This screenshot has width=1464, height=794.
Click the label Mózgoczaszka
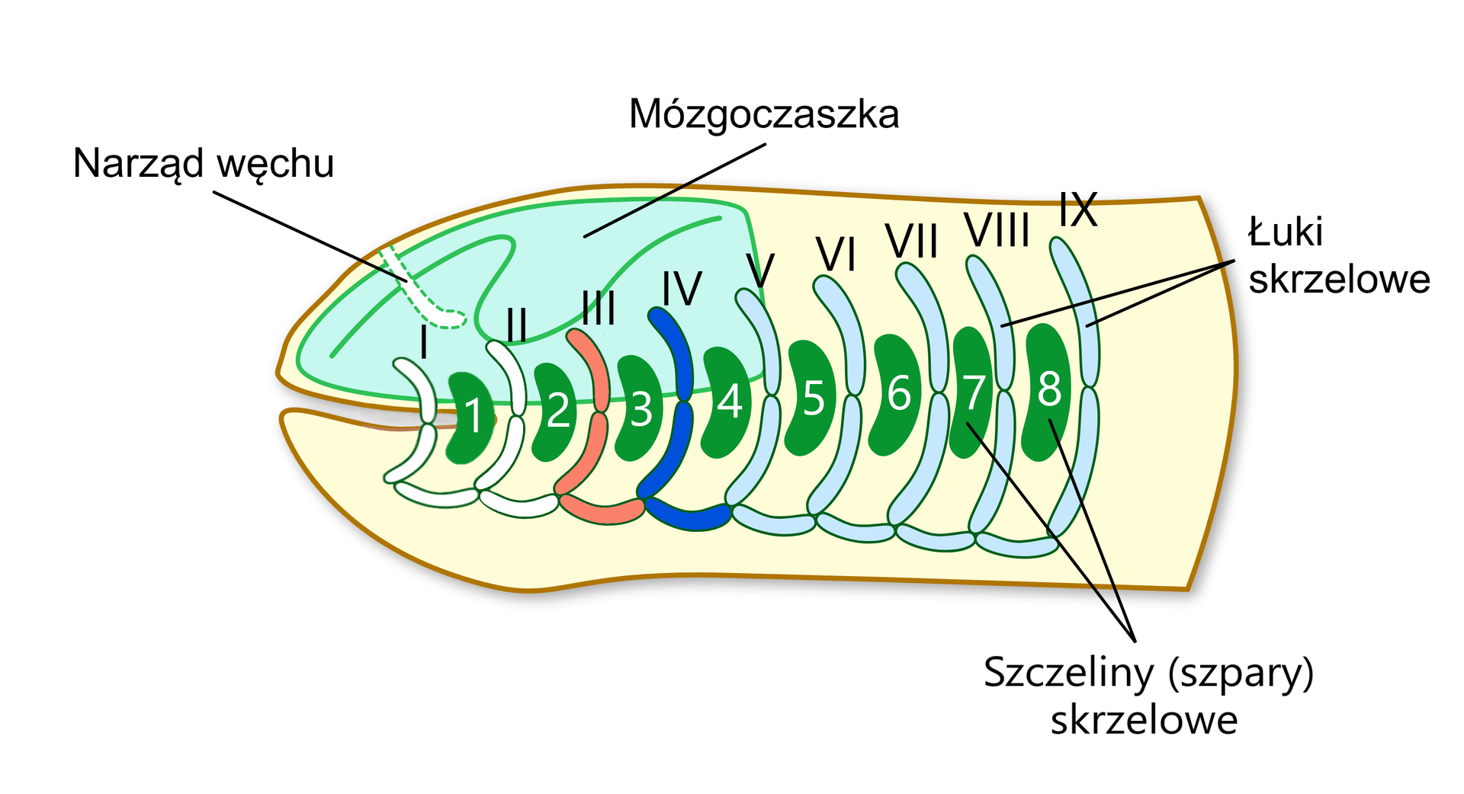click(763, 115)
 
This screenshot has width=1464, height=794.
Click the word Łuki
click(1285, 232)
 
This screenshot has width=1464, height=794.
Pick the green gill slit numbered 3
click(639, 408)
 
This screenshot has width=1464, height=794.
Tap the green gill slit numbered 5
click(811, 398)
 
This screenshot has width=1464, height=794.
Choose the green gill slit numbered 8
click(1048, 390)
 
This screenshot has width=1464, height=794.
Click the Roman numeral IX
click(1077, 210)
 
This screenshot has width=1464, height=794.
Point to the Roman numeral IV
click(681, 289)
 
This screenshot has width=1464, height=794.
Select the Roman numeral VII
click(911, 242)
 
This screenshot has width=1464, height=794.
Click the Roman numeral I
click(424, 342)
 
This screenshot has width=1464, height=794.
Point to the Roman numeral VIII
click(997, 230)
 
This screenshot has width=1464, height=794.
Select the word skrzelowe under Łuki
click(1339, 279)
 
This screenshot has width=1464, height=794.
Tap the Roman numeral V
click(760, 270)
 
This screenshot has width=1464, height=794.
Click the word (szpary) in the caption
click(1241, 673)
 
